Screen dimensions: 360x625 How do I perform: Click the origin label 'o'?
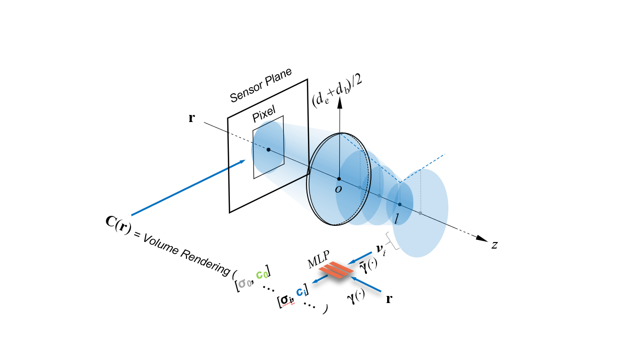tap(338, 189)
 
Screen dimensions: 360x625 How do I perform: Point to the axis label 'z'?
tap(495, 245)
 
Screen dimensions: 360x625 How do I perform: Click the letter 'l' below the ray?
tap(398, 218)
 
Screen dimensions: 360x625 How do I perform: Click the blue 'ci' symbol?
tap(301, 291)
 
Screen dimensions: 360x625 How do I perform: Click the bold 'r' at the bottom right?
tap(389, 298)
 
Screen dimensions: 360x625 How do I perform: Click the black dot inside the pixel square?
tap(268, 150)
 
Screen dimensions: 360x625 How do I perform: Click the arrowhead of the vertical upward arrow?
tap(340, 102)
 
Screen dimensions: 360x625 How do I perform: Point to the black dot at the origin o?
tap(339, 179)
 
